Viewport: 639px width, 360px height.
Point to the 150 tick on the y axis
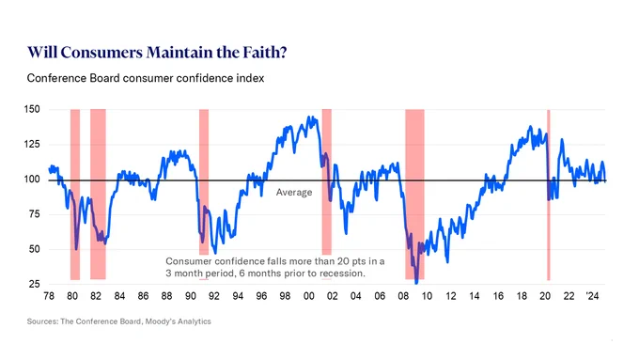tap(32, 109)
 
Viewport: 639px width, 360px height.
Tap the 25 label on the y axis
tap(34, 284)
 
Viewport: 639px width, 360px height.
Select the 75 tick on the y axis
tap(34, 214)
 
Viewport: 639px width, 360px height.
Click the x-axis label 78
tap(49, 296)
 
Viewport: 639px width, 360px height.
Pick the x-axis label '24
tap(592, 296)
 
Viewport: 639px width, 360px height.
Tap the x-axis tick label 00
tap(308, 296)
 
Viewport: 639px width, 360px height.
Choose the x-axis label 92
tap(214, 296)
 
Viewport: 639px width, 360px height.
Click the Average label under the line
tap(294, 193)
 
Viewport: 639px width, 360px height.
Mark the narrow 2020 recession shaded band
tap(549, 195)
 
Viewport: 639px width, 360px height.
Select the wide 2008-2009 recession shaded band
tap(414, 195)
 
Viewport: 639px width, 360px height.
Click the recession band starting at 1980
tap(75, 195)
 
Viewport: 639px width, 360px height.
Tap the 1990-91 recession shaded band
tap(204, 182)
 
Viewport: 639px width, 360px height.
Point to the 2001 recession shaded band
tap(326, 182)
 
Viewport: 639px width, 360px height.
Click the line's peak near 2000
tap(308, 117)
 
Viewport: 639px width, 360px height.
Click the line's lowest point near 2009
tap(416, 283)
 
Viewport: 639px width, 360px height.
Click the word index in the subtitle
tap(252, 78)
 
